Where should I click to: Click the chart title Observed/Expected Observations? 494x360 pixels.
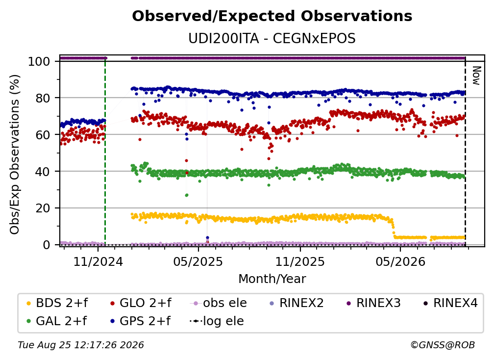point(272,16)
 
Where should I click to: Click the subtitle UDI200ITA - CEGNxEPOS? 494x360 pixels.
point(272,39)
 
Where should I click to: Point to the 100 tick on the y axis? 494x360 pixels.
point(39,61)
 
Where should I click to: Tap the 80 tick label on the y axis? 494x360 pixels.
point(43,98)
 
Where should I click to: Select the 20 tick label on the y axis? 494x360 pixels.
point(43,208)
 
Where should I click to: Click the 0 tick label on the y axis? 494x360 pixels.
point(47,245)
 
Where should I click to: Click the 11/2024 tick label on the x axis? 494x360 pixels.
point(98,262)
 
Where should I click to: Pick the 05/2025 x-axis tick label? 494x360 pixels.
point(198,262)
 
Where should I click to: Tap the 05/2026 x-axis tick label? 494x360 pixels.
point(400,262)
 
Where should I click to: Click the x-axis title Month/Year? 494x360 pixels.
point(272,279)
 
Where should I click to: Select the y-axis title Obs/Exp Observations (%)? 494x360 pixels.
point(15,154)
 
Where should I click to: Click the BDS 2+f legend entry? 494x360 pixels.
point(57,303)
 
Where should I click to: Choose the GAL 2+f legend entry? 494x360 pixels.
point(56,321)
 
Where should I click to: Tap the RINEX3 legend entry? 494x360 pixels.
point(373,303)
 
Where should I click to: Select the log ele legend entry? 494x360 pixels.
point(217,321)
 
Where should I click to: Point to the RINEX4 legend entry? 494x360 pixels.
point(450,303)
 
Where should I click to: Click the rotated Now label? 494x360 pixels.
point(476,76)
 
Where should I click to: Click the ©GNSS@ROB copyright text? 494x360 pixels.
point(443,345)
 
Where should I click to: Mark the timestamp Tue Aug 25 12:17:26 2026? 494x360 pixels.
point(81,345)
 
